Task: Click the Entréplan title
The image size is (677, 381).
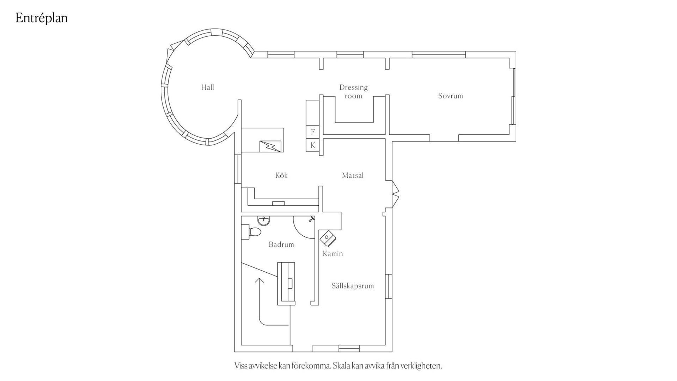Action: click(42, 18)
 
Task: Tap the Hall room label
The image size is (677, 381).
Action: click(208, 87)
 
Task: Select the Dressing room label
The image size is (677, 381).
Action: click(353, 91)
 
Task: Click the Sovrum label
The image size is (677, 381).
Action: click(450, 96)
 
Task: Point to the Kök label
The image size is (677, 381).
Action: click(281, 175)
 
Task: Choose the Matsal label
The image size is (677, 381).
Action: click(353, 175)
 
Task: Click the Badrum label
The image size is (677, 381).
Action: click(281, 244)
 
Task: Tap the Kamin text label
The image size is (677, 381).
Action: click(333, 254)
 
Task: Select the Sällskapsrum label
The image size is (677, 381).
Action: click(353, 286)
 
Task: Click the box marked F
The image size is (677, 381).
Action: click(312, 132)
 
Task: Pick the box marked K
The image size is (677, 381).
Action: click(312, 145)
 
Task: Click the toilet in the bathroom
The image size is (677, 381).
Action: click(251, 232)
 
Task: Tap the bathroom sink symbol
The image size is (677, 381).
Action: click(264, 220)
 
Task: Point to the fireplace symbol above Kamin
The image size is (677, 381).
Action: click(328, 238)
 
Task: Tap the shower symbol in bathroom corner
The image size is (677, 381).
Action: click(311, 219)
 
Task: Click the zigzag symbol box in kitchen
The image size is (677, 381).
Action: click(270, 146)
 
